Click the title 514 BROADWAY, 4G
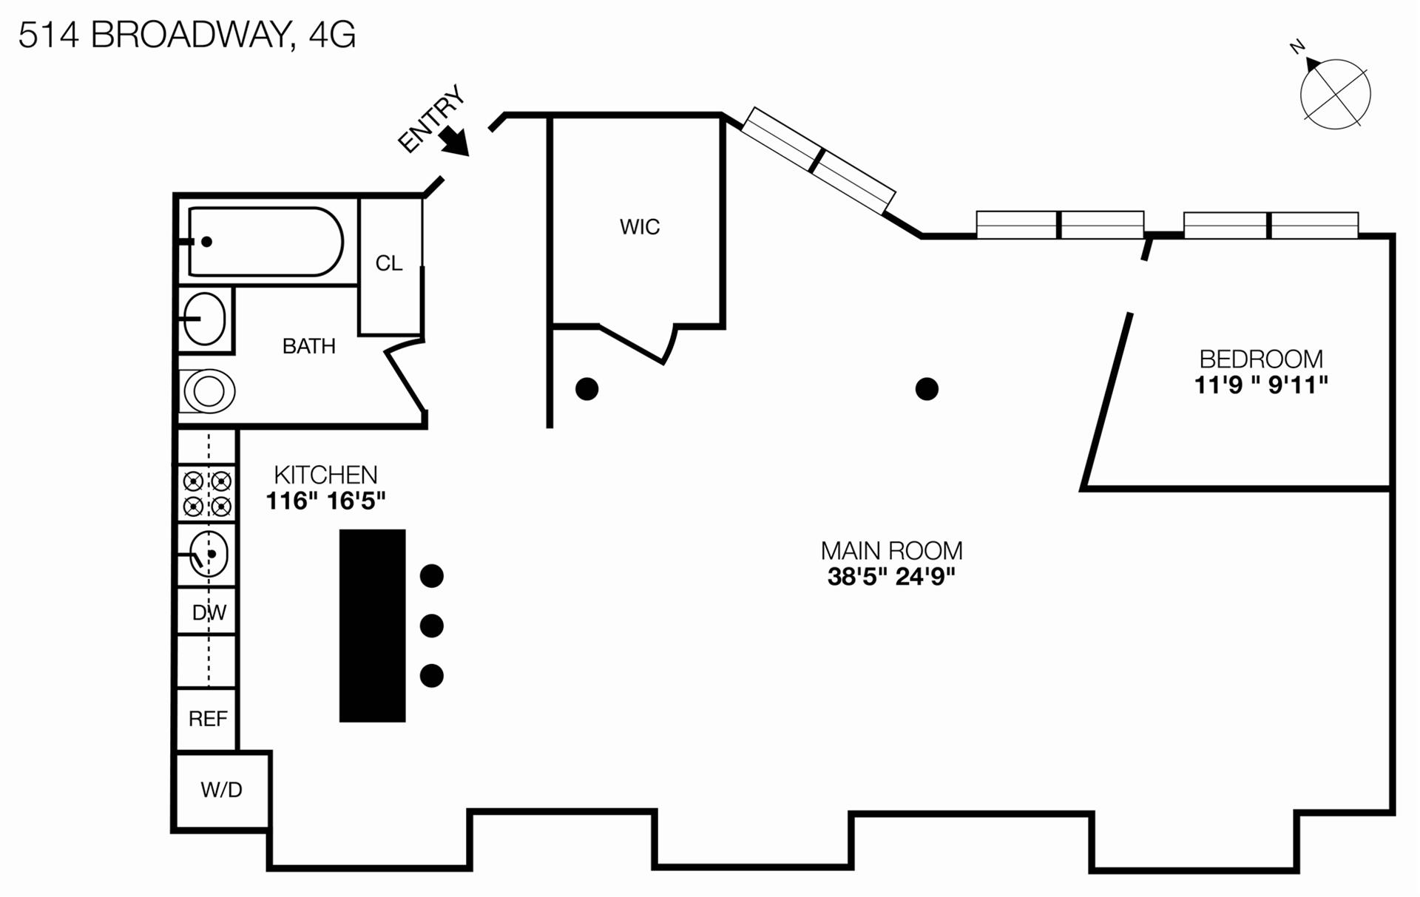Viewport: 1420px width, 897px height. point(187,35)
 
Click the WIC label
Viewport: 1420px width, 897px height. point(640,226)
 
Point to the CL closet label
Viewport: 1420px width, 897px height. point(389,263)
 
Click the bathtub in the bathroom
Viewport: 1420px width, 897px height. point(265,241)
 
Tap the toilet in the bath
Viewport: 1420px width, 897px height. point(208,391)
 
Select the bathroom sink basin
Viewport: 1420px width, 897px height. point(204,319)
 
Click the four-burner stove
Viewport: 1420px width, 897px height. point(207,494)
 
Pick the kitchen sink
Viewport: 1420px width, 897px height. point(209,554)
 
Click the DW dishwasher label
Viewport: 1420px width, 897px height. point(209,612)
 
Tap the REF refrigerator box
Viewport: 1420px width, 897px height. point(207,719)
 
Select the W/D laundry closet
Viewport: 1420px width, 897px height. point(222,790)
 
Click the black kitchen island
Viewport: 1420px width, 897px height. point(373,626)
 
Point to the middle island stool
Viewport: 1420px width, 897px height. point(432,626)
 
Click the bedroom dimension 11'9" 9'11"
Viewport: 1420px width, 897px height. point(1261,385)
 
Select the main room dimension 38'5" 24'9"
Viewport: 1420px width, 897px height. point(891,576)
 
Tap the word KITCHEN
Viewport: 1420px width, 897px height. point(325,475)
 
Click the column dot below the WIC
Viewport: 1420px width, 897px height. point(587,389)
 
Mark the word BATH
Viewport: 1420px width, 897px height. point(309,346)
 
